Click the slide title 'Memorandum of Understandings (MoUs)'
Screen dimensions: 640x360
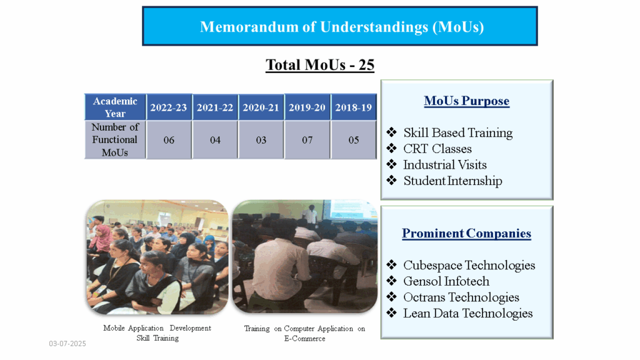pos(342,27)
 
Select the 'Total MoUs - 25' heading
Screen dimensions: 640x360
pos(320,65)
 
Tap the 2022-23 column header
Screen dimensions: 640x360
pos(169,107)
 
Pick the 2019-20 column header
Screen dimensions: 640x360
pos(307,107)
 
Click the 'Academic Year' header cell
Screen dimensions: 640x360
pos(115,107)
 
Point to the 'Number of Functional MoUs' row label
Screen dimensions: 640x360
pos(115,139)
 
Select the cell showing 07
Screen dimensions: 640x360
pos(307,140)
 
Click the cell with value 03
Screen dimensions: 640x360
pos(261,140)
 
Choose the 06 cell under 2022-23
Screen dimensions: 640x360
pos(169,140)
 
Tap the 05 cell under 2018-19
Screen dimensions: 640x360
pos(354,140)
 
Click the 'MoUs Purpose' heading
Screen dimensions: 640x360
pos(466,101)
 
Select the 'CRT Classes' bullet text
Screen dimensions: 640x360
pos(437,149)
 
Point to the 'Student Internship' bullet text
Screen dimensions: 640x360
pos(452,181)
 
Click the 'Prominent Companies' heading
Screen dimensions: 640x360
pos(466,234)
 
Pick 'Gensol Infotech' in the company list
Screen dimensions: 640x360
pos(446,281)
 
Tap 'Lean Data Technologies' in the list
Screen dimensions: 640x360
pos(467,313)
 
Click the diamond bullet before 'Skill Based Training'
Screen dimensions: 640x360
pos(391,132)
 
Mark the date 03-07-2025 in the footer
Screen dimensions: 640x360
pos(67,344)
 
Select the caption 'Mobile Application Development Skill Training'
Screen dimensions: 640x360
pos(157,333)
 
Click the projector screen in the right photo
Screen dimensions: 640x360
pos(350,209)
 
